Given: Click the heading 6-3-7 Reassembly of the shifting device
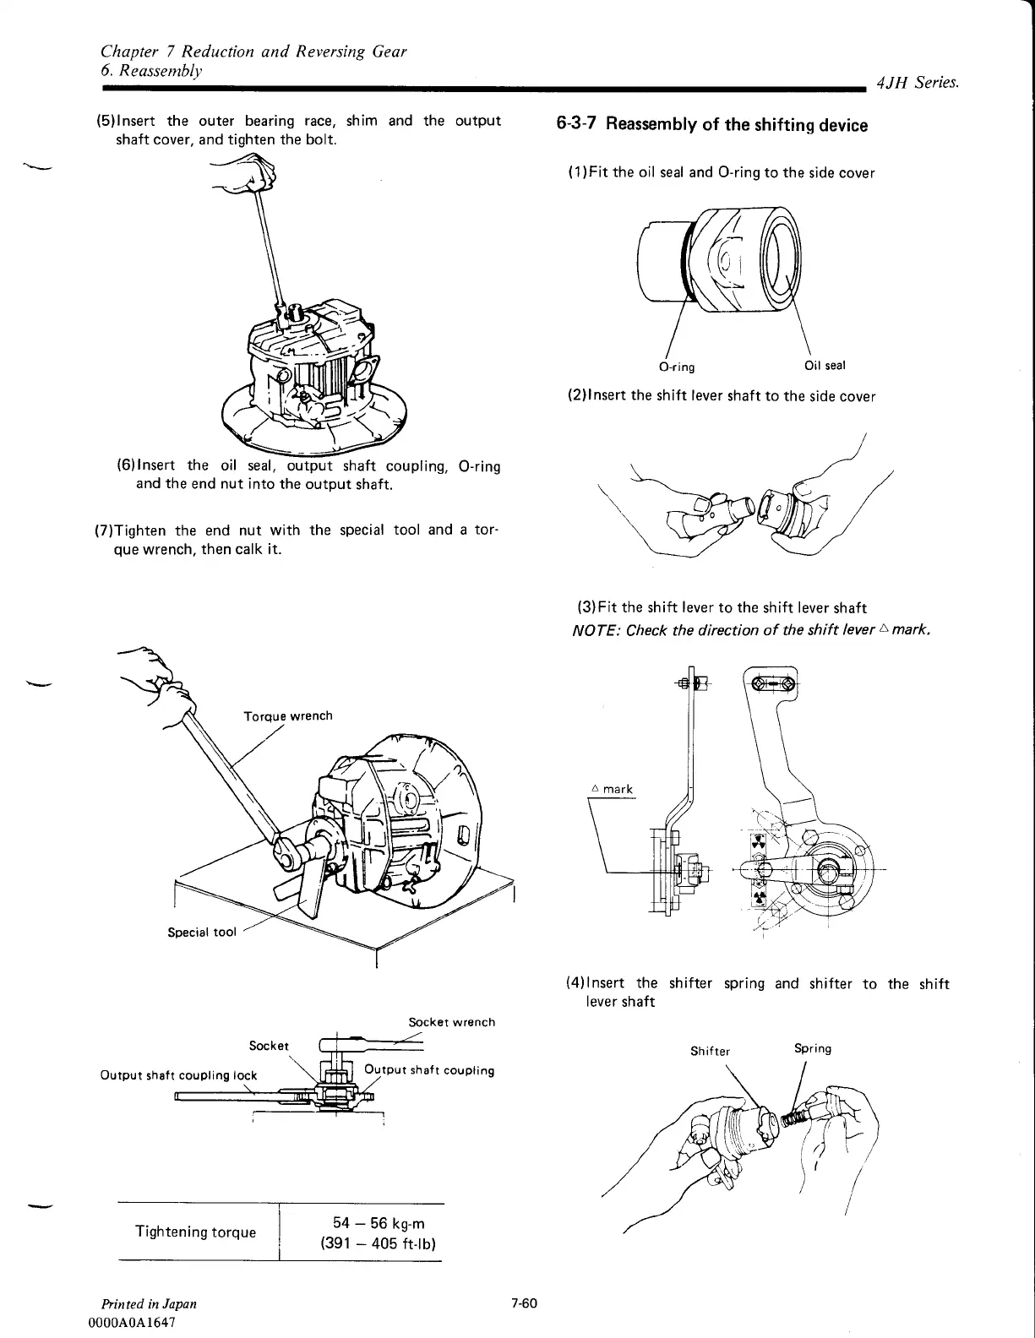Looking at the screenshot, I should pyautogui.click(x=711, y=125).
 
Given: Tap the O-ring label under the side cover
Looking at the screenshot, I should pyautogui.click(x=676, y=367).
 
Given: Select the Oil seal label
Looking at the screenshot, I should pyautogui.click(x=825, y=366).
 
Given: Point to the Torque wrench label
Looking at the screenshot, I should pyautogui.click(x=288, y=716).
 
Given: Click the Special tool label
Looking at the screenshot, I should pyautogui.click(x=202, y=933).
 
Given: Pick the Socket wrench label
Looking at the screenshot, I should pyautogui.click(x=451, y=1022).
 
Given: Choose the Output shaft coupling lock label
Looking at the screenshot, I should pyautogui.click(x=178, y=1075).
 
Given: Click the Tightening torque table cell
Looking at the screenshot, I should pyautogui.click(x=195, y=1232).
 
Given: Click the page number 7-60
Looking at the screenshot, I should pyautogui.click(x=524, y=1303).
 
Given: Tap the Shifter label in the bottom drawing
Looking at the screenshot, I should pyautogui.click(x=710, y=1052).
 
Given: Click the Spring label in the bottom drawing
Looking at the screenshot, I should pyautogui.click(x=813, y=1049).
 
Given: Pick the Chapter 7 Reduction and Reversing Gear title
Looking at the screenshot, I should pyautogui.click(x=253, y=52).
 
